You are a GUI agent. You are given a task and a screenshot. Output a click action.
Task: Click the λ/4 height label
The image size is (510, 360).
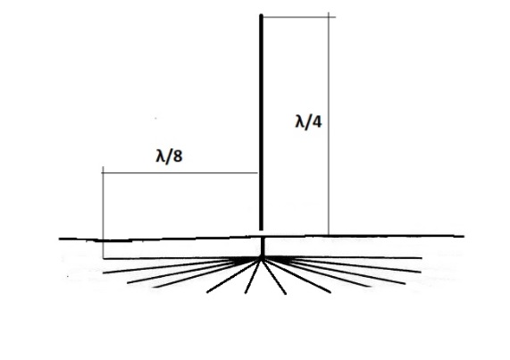(308, 122)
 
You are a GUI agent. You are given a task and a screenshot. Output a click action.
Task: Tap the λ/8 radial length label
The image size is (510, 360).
(169, 156)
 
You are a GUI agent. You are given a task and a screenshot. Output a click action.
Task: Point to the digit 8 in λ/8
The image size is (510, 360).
(178, 156)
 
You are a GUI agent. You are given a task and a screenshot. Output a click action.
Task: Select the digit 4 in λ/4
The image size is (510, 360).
(317, 122)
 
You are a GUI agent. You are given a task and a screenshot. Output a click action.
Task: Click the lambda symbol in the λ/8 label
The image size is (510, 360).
(160, 156)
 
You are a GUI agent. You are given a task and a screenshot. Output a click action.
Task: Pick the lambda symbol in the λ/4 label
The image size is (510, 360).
(299, 122)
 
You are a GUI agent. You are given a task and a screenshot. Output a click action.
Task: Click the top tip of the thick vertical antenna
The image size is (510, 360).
(261, 14)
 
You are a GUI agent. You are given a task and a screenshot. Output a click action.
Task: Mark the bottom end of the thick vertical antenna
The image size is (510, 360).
(261, 230)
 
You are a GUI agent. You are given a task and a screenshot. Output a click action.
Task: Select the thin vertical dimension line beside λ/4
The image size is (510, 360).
(329, 123)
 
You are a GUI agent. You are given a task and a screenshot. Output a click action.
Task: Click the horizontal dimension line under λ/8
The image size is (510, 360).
(180, 173)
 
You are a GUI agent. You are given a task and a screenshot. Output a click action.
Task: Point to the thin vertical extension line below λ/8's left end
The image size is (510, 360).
(103, 213)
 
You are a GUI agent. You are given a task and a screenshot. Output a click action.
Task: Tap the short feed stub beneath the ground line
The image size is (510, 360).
(263, 247)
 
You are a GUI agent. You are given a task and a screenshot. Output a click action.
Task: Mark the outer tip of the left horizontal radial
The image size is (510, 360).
(104, 259)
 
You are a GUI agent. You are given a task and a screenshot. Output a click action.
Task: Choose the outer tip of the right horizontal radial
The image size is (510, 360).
(422, 258)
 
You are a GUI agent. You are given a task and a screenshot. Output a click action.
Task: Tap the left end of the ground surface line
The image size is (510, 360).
(59, 239)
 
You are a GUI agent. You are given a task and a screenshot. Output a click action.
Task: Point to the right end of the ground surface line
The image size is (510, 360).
(464, 236)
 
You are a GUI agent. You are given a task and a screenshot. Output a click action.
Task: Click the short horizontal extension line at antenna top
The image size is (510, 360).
(298, 17)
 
